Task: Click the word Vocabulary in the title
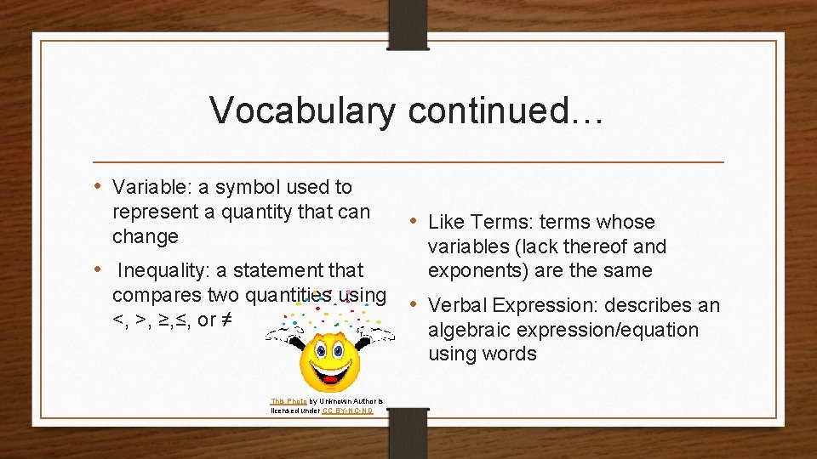click(302, 111)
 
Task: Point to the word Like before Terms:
click(447, 222)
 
